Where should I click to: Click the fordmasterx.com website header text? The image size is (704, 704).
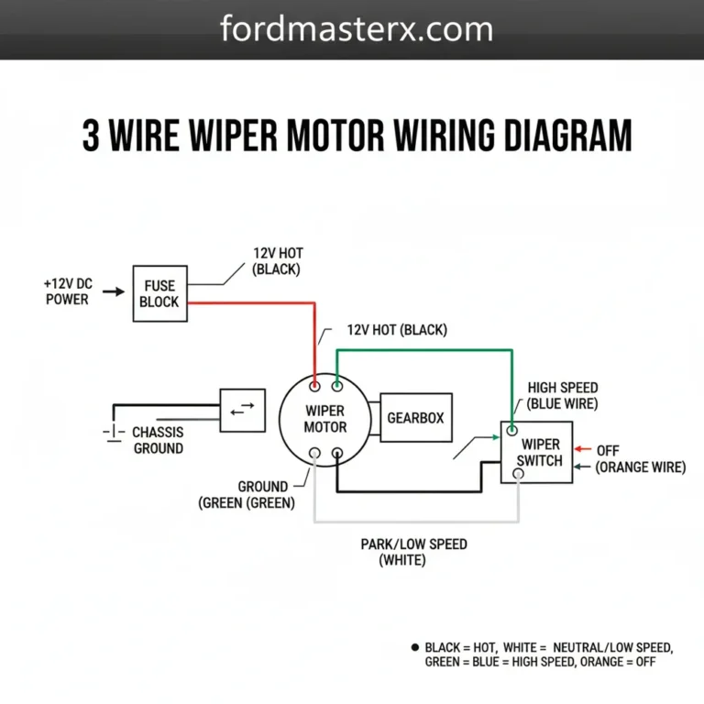357,29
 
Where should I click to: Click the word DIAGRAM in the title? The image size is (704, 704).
556,136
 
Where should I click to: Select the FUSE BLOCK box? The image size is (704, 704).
160,293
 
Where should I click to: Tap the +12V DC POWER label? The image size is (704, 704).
67,291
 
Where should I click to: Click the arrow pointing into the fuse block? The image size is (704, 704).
113,292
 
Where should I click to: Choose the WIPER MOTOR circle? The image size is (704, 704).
325,419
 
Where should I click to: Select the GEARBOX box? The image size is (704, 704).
415,417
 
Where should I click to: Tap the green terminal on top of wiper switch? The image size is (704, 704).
512,429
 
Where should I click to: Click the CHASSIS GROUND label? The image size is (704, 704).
158,440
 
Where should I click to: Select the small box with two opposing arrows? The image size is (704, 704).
242,411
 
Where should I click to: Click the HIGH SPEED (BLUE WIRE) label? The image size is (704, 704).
562,396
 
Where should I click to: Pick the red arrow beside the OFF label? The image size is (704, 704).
582,450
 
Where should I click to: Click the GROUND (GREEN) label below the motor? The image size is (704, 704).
247,494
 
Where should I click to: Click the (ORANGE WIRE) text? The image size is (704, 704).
640,467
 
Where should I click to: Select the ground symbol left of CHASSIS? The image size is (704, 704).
112,433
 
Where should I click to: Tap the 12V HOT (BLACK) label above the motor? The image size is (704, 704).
397,329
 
